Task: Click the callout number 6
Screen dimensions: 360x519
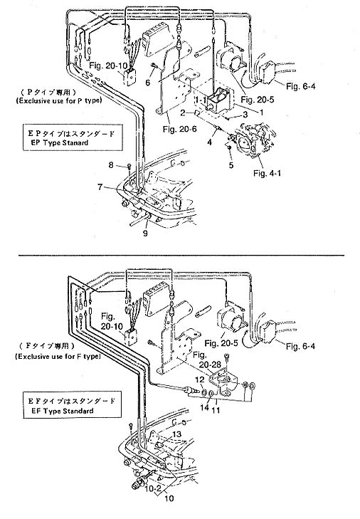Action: tap(148, 83)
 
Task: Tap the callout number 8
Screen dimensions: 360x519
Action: tap(111, 164)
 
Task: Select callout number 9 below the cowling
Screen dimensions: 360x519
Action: tap(145, 234)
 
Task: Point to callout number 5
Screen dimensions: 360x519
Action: tap(231, 165)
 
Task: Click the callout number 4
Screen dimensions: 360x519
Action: tap(209, 142)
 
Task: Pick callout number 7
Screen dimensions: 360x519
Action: tap(100, 187)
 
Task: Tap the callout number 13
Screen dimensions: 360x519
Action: tap(177, 434)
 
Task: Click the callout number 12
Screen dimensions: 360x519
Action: tap(200, 380)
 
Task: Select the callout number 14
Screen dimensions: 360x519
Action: tap(204, 407)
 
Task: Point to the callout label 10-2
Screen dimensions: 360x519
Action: tap(153, 488)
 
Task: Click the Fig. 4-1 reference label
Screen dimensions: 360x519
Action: tap(267, 173)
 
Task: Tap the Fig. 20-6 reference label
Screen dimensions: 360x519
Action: tap(180, 129)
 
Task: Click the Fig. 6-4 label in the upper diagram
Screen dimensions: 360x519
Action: tap(301, 86)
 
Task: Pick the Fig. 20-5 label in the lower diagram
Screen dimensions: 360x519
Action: tap(221, 343)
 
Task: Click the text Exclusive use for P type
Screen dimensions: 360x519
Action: tap(59, 100)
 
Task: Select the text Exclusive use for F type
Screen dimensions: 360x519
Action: tap(58, 357)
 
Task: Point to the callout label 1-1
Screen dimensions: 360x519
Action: tap(201, 100)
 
